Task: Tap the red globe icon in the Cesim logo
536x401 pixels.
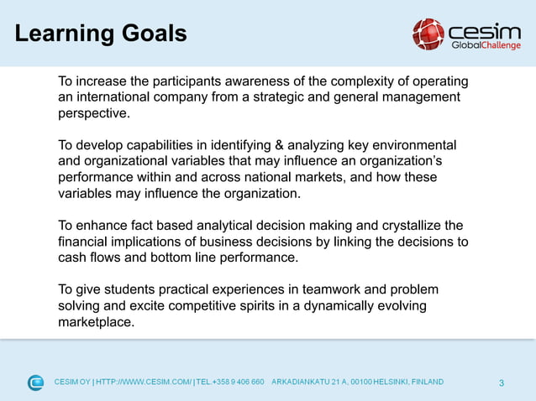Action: (x=428, y=34)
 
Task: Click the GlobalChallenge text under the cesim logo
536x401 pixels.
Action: (x=486, y=45)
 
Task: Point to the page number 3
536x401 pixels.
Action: (x=502, y=383)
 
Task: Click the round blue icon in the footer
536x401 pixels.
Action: (x=35, y=383)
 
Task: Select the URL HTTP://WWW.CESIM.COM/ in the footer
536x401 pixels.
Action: (x=144, y=383)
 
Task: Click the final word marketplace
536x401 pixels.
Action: (x=96, y=321)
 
